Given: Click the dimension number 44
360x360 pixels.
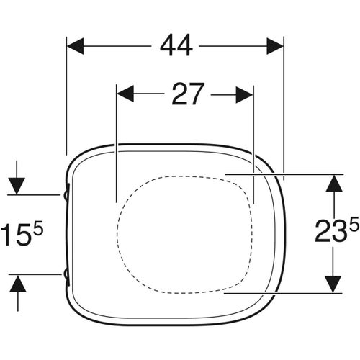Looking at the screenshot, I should (x=176, y=45).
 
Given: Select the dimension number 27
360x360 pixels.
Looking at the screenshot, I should (x=188, y=94).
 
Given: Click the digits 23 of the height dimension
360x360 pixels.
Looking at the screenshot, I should (x=329, y=234).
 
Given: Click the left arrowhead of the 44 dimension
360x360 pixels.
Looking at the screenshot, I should (x=76, y=46).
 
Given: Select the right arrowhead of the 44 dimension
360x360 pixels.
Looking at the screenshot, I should (x=275, y=46).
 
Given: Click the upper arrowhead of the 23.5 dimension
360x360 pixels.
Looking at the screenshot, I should (x=332, y=183).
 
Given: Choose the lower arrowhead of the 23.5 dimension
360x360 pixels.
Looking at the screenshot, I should (x=332, y=284).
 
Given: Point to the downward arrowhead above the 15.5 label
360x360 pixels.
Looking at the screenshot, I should (x=18, y=186).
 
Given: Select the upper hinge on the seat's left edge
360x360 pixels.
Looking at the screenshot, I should (x=67, y=194).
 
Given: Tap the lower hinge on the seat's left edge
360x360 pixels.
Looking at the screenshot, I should (x=67, y=274).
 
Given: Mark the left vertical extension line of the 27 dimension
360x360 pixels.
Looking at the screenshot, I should (x=116, y=144).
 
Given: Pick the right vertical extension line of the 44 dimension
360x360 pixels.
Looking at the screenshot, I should (x=284, y=108).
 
